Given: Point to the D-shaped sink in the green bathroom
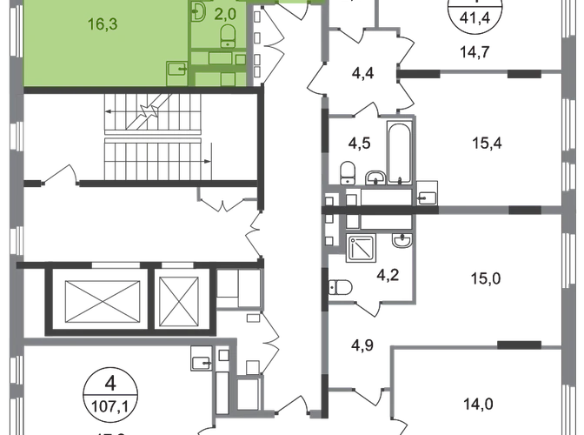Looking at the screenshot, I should pyautogui.click(x=198, y=12).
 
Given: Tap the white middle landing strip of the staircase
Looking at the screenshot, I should pyautogui.click(x=152, y=137).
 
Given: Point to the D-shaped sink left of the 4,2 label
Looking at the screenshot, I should pyautogui.click(x=336, y=286).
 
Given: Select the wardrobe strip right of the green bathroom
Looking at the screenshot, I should pyautogui.click(x=274, y=43).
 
